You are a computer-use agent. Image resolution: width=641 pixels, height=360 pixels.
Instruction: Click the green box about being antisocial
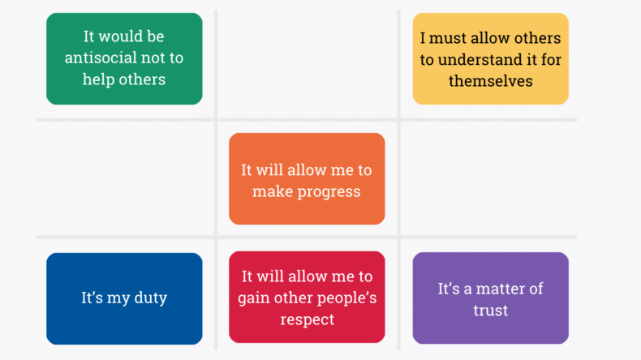pos(124,58)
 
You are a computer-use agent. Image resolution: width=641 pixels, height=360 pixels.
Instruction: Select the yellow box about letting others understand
pos(490,58)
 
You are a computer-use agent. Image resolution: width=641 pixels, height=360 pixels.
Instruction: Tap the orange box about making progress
pos(307,178)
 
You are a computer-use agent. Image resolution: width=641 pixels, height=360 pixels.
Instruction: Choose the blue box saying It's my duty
pos(124,298)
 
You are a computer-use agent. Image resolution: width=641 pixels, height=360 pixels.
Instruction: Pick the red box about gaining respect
pos(307,298)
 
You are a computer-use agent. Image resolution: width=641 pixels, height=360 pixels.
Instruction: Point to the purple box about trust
pos(490,298)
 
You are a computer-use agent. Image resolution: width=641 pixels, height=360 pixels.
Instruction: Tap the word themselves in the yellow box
pos(490,81)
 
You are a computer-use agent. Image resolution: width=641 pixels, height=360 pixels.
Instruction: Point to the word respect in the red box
pos(307,319)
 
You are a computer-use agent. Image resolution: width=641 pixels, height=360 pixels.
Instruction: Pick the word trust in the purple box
pos(490,310)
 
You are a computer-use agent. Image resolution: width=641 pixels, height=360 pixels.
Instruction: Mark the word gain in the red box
pos(253,298)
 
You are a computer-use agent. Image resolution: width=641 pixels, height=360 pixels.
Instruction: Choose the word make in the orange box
pos(269,192)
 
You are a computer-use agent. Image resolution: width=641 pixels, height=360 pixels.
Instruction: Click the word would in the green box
pos(121,36)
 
